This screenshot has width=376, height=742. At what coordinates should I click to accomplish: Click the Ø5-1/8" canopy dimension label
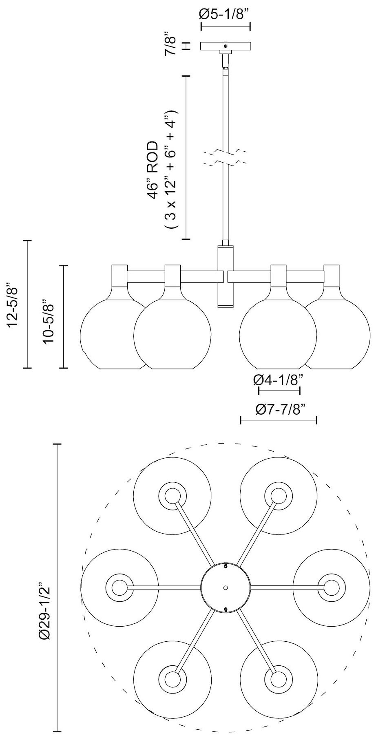pyautogui.click(x=225, y=15)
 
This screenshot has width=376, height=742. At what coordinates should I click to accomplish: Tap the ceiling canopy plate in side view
pyautogui.click(x=226, y=46)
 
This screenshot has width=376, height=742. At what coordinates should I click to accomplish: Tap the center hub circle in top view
pyautogui.click(x=226, y=587)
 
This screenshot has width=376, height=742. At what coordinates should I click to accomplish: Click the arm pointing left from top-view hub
pyautogui.click(x=163, y=587)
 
